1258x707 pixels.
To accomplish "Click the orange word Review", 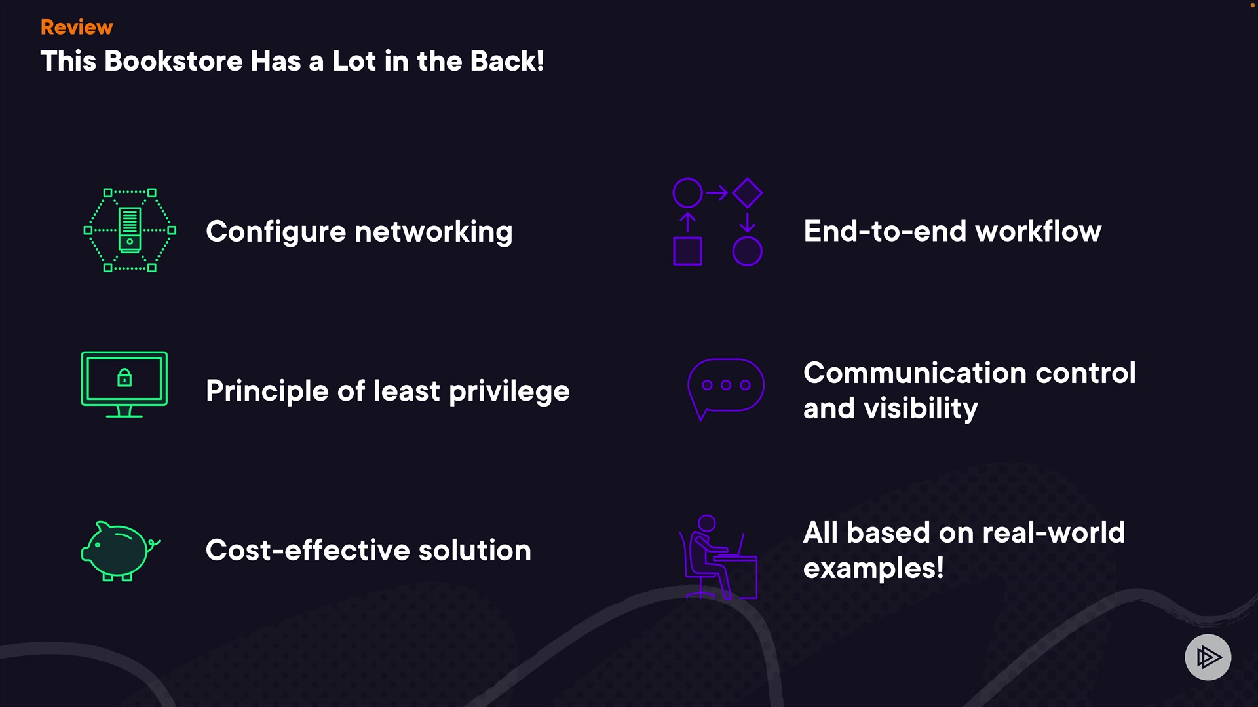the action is tap(77, 27).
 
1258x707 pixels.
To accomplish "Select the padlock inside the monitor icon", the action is tap(124, 378).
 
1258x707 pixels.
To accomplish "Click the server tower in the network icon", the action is tap(130, 230).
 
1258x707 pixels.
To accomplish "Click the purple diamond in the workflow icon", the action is tap(748, 193).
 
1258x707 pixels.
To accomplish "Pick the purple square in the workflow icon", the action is tap(687, 251).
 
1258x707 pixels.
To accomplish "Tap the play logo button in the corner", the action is tap(1208, 657).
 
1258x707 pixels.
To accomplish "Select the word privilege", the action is tap(509, 391).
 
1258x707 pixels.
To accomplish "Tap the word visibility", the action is tap(921, 408).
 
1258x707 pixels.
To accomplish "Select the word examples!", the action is tap(873, 568).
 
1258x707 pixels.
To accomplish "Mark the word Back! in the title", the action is tap(507, 62).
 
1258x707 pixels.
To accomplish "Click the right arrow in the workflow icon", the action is tap(717, 193).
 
